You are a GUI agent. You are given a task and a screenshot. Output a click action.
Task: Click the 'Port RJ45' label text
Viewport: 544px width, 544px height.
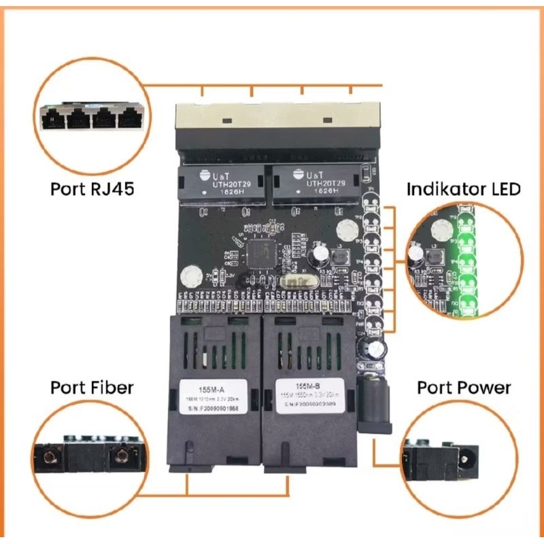click(x=92, y=188)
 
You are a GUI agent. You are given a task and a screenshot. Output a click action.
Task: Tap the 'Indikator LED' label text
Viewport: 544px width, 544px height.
click(x=463, y=188)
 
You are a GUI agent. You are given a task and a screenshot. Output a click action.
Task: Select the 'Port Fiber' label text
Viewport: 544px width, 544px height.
click(x=92, y=388)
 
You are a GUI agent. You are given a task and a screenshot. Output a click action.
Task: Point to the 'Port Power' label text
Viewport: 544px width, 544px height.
click(x=463, y=388)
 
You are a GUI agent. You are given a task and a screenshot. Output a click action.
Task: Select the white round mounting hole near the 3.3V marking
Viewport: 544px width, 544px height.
click(x=191, y=276)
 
